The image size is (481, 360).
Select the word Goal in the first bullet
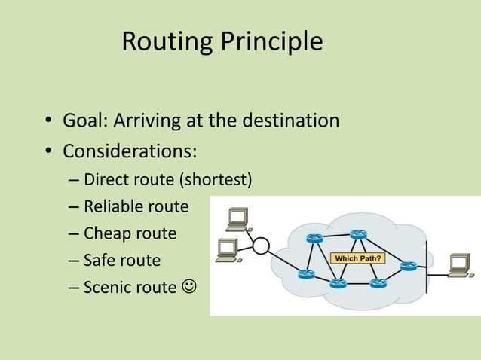[85, 121]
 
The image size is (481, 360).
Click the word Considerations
[130, 151]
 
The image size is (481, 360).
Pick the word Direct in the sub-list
[106, 181]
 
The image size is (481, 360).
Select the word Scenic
[108, 287]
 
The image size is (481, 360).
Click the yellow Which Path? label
[357, 258]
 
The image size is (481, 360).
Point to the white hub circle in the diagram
[261, 246]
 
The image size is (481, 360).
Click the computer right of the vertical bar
[459, 264]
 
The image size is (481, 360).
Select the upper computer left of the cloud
[237, 218]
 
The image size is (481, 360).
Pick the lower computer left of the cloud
[227, 250]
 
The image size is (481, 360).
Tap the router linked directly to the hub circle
[305, 274]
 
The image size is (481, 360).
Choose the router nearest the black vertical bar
[409, 266]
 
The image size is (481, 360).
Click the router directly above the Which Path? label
[357, 234]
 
